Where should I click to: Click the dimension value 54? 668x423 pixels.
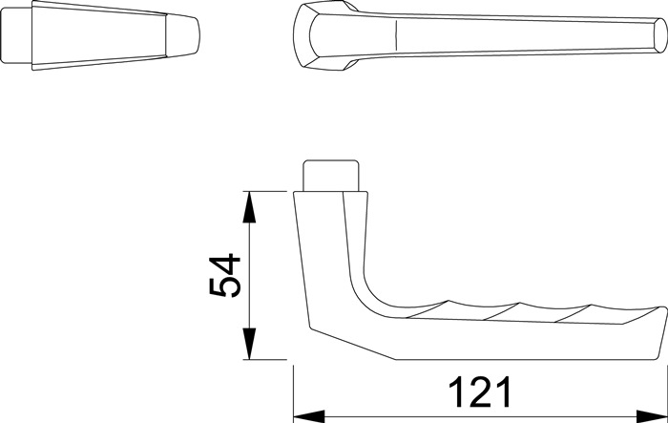tap(227, 277)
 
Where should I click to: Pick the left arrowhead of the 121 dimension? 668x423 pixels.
tap(305, 416)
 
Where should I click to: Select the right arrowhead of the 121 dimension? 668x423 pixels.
tap(653, 416)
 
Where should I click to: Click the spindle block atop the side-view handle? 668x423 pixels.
tap(332, 176)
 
